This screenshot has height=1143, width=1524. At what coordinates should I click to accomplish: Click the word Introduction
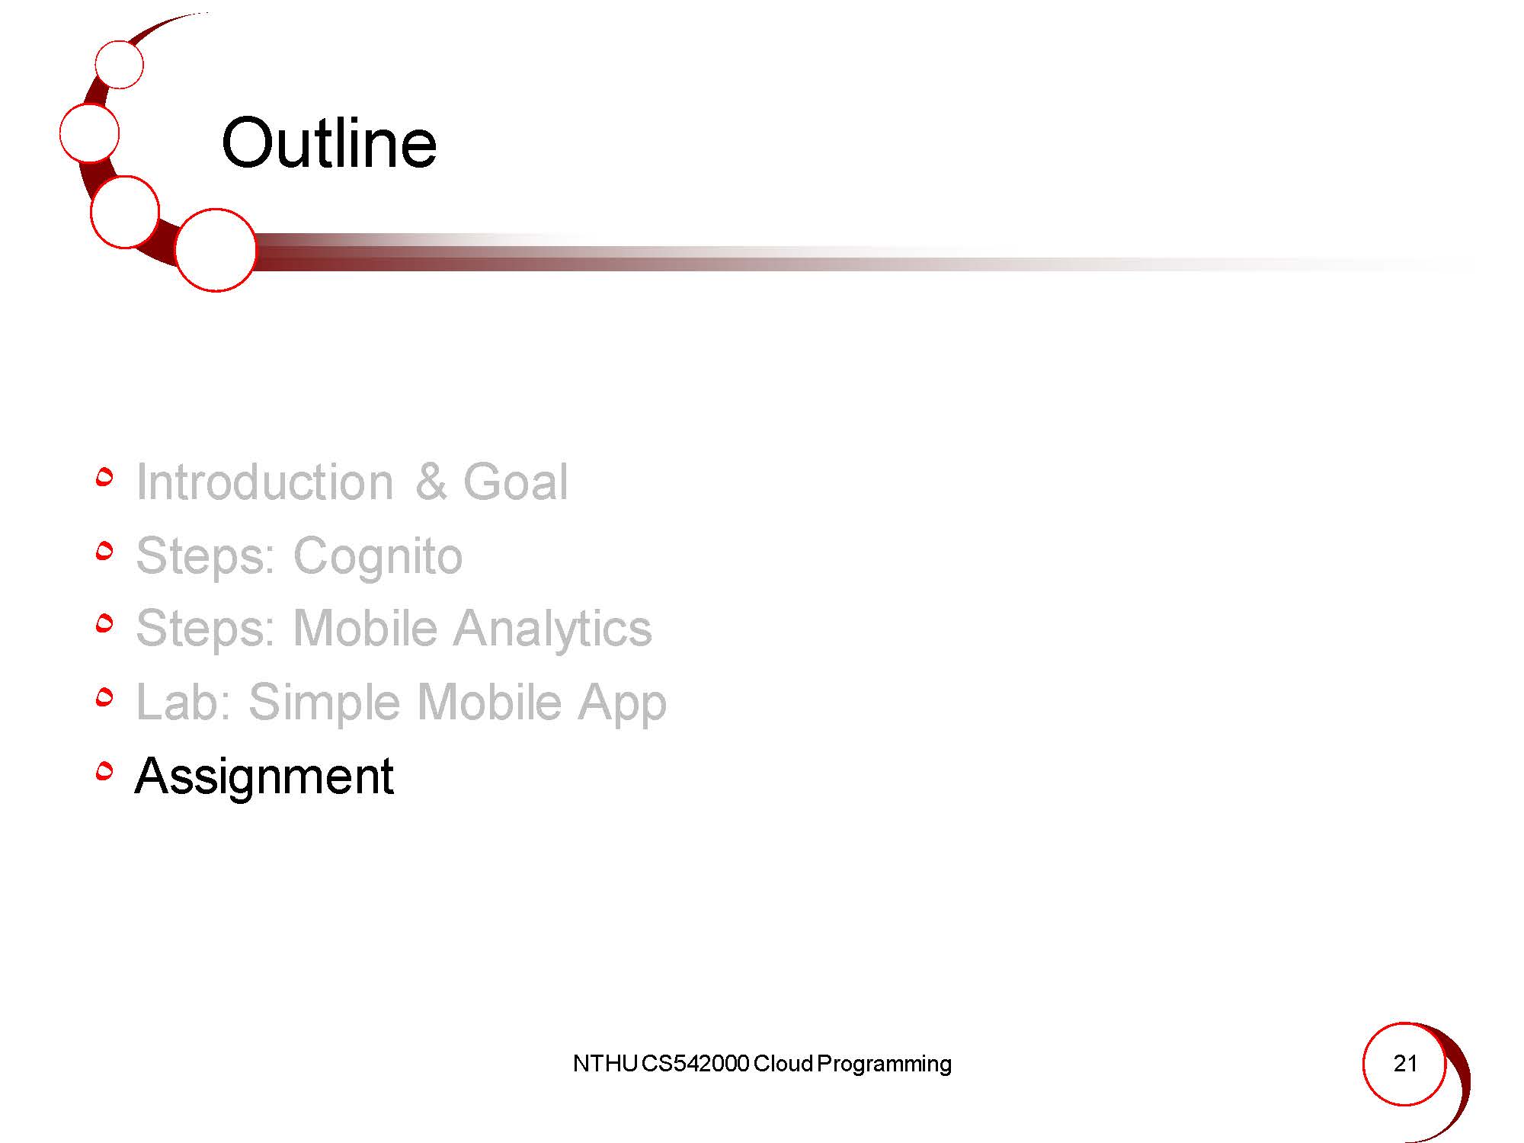264,482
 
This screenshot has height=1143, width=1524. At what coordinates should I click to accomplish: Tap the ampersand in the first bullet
431,482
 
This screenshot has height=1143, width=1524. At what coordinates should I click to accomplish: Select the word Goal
515,482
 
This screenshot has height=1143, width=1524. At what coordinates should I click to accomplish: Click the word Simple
325,703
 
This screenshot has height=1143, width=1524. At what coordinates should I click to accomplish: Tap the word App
622,703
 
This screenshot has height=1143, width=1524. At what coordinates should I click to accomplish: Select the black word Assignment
264,777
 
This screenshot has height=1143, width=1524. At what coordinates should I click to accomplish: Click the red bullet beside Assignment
105,771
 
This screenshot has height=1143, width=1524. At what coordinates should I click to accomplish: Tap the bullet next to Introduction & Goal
105,477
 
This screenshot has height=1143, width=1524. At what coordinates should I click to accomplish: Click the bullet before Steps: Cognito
105,550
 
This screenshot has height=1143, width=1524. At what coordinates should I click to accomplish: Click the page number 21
1405,1063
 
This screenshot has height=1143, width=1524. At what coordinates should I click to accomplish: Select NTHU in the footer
604,1064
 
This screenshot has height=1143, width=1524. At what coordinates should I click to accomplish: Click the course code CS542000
695,1064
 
